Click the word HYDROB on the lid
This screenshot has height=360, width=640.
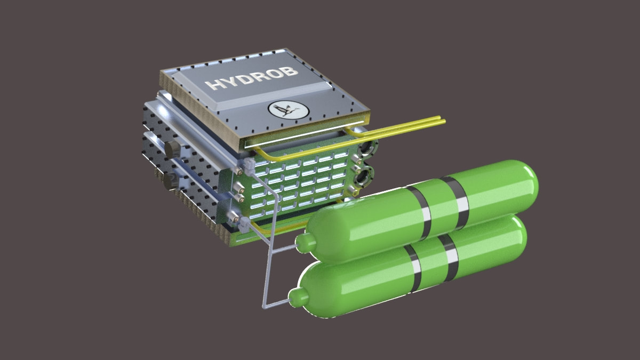click(x=251, y=78)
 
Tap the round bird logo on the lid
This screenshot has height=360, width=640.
click(x=289, y=110)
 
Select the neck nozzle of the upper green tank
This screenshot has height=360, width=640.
click(x=306, y=243)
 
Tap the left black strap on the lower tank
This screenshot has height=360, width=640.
click(x=413, y=269)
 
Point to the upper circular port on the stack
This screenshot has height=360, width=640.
click(x=366, y=148)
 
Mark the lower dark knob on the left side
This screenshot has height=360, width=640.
click(x=171, y=181)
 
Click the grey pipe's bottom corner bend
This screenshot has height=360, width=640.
click(x=265, y=306)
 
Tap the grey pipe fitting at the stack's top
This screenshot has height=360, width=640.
click(x=246, y=167)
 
